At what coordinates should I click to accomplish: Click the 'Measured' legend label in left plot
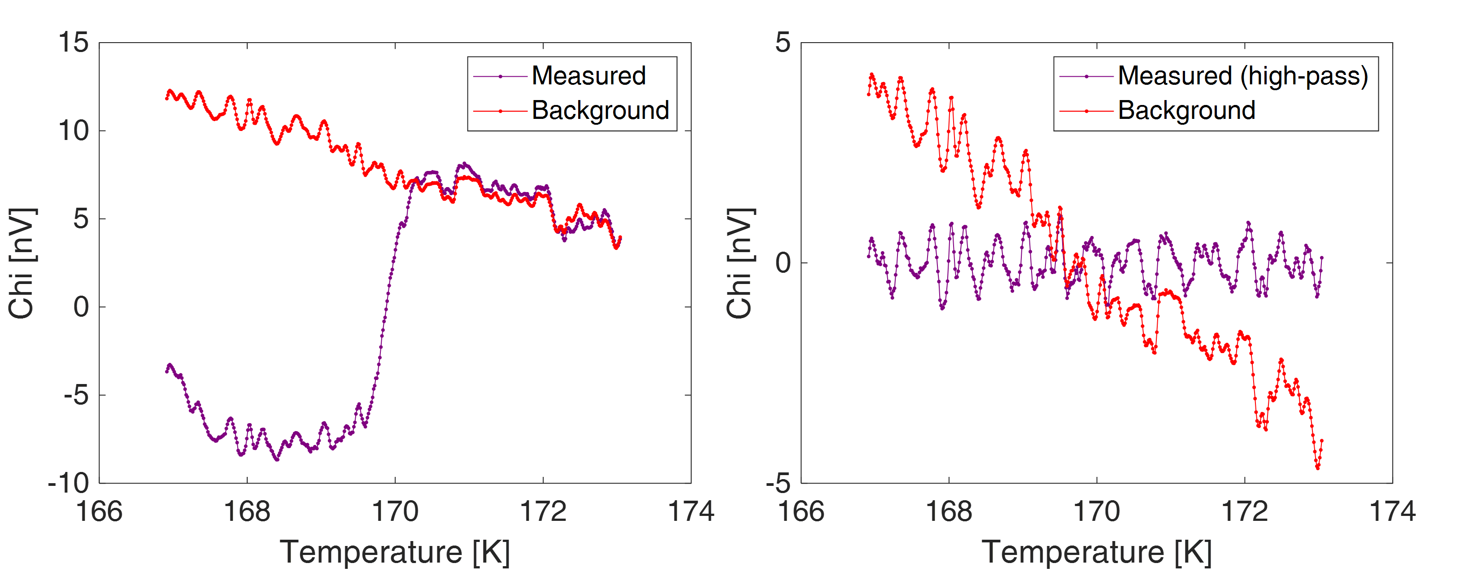[x=589, y=76]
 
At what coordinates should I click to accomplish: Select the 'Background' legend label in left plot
[x=600, y=110]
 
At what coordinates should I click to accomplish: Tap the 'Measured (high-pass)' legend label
[x=1243, y=76]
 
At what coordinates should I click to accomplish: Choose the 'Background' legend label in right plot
[x=1187, y=110]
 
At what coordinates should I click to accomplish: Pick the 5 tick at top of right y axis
[x=783, y=43]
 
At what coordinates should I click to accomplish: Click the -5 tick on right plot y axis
[x=778, y=483]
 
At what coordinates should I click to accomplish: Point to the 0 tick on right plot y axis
[x=783, y=263]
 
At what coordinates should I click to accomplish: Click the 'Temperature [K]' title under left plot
[x=395, y=551]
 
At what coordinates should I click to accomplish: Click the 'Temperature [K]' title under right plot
[x=1097, y=551]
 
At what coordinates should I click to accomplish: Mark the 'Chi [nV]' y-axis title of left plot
[x=22, y=263]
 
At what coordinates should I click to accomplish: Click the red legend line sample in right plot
[x=1086, y=111]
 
